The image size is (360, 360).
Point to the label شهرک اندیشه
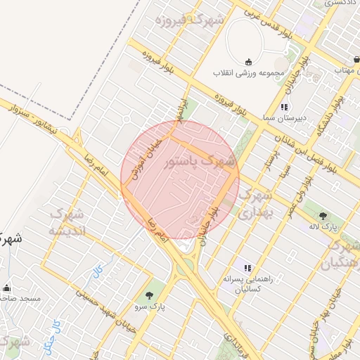click(67, 221)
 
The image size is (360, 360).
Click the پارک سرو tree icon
click(148, 295)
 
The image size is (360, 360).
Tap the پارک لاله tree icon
click(323, 216)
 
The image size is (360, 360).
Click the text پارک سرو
click(148, 307)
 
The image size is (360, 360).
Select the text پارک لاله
click(323, 227)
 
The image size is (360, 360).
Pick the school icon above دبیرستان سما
click(284, 107)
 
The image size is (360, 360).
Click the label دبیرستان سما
click(284, 118)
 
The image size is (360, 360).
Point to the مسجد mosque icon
click(8, 288)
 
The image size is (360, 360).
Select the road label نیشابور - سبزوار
click(39, 120)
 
